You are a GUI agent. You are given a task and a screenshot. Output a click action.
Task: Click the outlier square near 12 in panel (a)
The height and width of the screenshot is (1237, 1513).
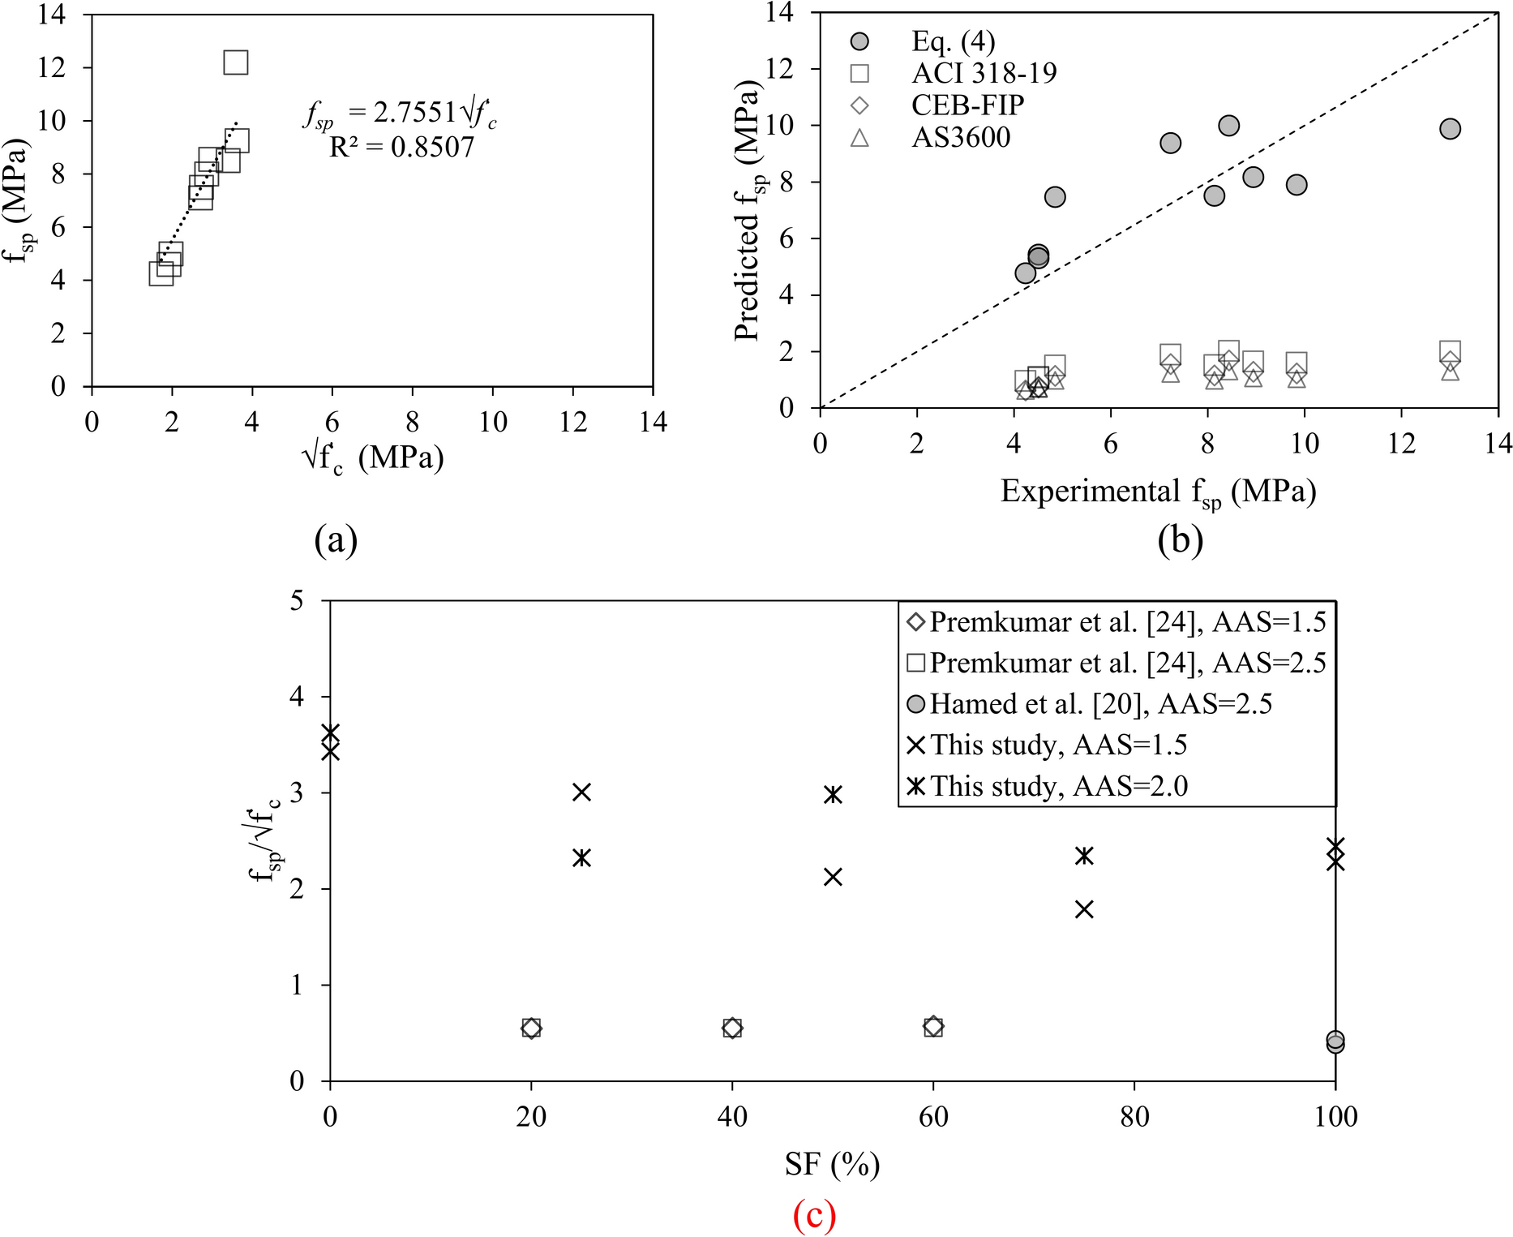[235, 62]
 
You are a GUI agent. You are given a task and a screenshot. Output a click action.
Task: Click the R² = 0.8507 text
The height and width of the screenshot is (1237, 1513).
[401, 147]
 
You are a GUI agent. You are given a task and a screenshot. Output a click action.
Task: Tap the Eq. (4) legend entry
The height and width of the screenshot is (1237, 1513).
[953, 41]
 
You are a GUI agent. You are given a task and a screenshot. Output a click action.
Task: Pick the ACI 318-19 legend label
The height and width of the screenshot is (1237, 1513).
[984, 74]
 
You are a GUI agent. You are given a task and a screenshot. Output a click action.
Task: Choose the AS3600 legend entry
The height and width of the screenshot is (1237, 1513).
[961, 138]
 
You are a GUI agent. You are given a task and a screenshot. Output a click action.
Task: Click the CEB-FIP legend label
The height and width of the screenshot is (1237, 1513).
[967, 105]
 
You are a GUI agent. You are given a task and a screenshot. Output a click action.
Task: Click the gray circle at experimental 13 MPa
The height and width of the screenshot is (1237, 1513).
[1450, 129]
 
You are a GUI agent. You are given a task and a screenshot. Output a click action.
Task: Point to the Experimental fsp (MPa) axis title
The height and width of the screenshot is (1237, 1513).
[1158, 492]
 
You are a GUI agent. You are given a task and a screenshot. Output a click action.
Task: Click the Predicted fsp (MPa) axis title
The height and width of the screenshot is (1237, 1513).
[748, 211]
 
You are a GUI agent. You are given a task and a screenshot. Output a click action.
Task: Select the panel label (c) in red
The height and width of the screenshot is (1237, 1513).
[814, 1214]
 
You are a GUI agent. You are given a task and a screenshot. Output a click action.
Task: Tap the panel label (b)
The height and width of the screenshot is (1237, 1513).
[1180, 539]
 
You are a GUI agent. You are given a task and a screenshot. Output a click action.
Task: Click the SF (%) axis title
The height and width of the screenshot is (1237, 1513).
[832, 1165]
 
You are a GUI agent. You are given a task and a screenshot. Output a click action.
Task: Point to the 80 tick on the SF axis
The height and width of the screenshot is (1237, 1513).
[1134, 1117]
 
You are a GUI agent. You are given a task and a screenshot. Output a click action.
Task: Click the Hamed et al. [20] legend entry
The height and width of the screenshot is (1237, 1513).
[1099, 704]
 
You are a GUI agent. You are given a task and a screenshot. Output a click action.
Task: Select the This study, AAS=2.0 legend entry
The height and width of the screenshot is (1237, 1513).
[1058, 786]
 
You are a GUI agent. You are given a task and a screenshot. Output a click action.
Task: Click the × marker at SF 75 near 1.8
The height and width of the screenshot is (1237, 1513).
[1084, 909]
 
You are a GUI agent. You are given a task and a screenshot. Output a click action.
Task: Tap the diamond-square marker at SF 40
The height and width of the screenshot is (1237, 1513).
[732, 1028]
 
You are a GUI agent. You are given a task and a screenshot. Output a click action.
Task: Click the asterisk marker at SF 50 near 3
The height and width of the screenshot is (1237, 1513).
[833, 794]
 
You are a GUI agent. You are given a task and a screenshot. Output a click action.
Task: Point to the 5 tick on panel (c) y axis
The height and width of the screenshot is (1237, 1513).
[297, 601]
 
